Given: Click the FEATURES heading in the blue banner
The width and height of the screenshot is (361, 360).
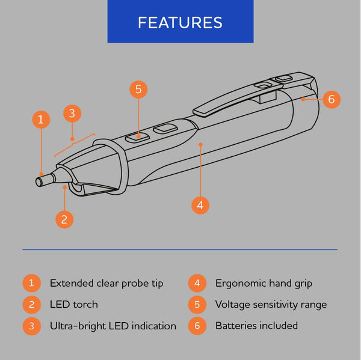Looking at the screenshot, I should pos(180,22).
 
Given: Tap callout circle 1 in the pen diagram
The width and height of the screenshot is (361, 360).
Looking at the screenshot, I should pos(40,120).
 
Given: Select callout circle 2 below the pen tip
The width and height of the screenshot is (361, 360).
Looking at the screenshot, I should pos(65,219).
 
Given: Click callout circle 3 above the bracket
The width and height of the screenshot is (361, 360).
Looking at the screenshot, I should pos(72,112).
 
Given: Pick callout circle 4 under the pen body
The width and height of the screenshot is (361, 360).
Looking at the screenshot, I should pos(201,204).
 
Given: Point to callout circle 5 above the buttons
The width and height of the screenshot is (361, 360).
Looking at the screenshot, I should pos(138,90).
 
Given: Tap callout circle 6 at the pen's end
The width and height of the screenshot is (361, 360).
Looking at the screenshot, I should pos(332,99).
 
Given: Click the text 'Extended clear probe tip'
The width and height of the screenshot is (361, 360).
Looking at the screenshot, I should pos(106,283).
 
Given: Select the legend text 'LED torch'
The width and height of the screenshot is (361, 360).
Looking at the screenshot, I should pos(73,305).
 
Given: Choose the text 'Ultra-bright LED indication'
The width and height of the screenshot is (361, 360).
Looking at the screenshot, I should pos(113,326).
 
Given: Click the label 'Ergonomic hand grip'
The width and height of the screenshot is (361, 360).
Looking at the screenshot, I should pos(264,283).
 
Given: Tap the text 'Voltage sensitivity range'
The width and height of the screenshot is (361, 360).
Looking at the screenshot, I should pos(271,305).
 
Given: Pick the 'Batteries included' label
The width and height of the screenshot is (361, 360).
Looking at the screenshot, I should pos(256,326).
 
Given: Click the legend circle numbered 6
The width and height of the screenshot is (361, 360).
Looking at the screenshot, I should pos(196,326).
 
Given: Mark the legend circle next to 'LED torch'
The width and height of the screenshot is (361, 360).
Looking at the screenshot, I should pos(31,305).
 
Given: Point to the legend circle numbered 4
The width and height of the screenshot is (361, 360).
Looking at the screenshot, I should pos(196,283).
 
